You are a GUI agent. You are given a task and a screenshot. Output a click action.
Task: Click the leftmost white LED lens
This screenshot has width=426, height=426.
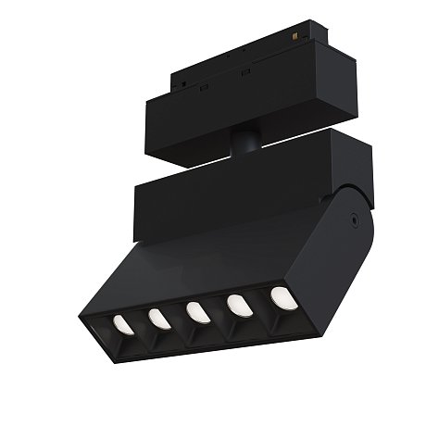click(x=120, y=323)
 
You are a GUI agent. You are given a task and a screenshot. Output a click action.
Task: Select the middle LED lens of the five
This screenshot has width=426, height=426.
click(x=196, y=311)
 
